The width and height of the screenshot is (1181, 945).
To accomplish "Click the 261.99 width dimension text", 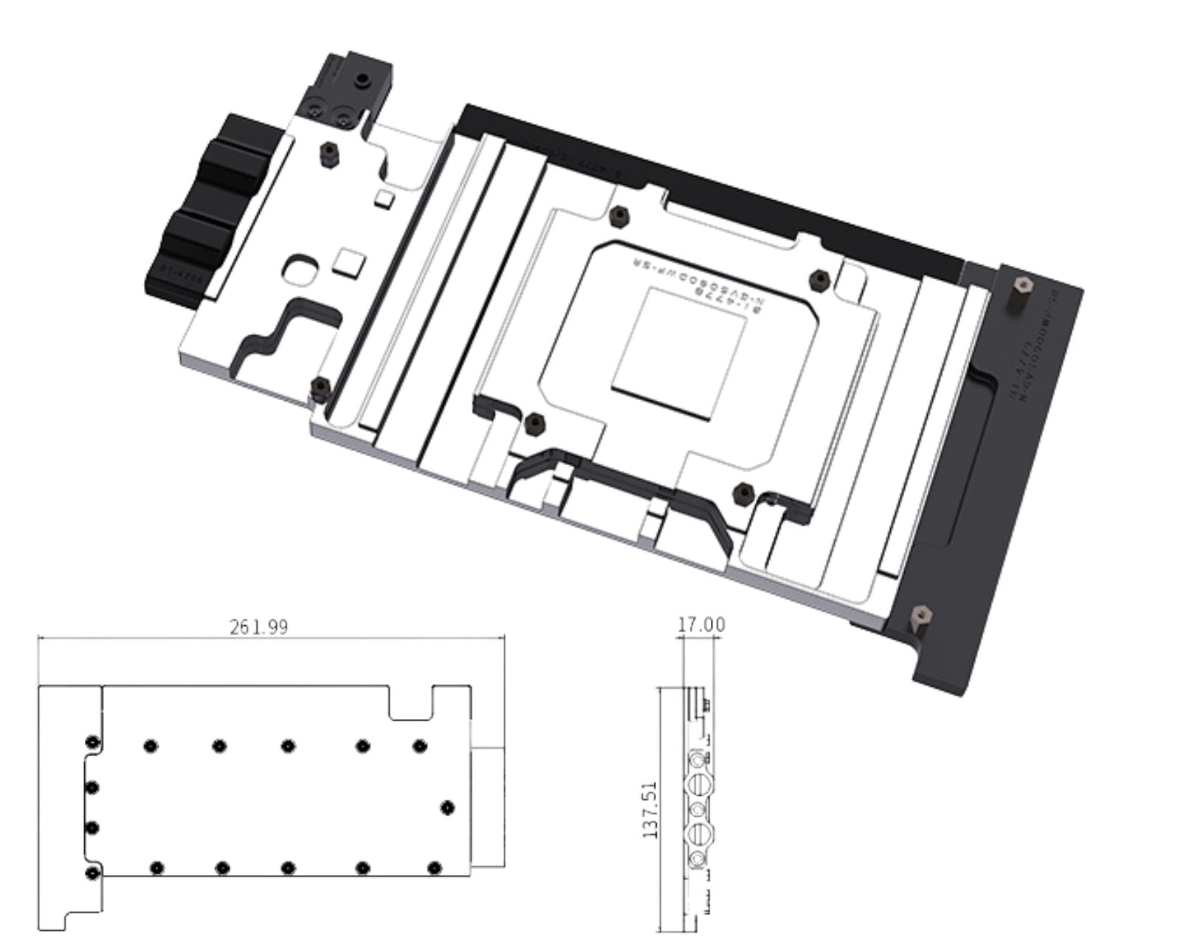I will coord(258,627).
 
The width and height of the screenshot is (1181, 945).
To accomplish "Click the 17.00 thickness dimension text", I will coord(701,625).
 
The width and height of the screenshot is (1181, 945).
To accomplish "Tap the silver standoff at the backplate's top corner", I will coord(1022,286).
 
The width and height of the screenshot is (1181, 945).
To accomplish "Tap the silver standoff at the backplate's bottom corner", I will coord(920,615).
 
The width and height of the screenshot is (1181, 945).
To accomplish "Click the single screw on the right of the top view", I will coord(447,808).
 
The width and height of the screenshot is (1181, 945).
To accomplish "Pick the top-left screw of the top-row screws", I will coord(150,746).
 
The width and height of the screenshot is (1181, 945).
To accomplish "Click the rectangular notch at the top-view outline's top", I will coord(410,703).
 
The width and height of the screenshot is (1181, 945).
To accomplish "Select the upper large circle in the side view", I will coord(699,783).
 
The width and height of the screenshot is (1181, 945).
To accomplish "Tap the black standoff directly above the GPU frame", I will coord(619,216).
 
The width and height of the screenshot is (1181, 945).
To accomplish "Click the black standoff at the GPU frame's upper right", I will coord(819,278).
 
